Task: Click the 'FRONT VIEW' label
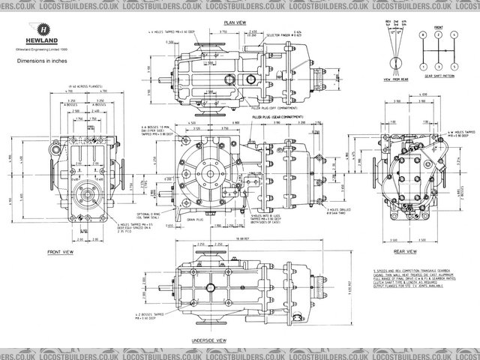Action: point(63,252)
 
